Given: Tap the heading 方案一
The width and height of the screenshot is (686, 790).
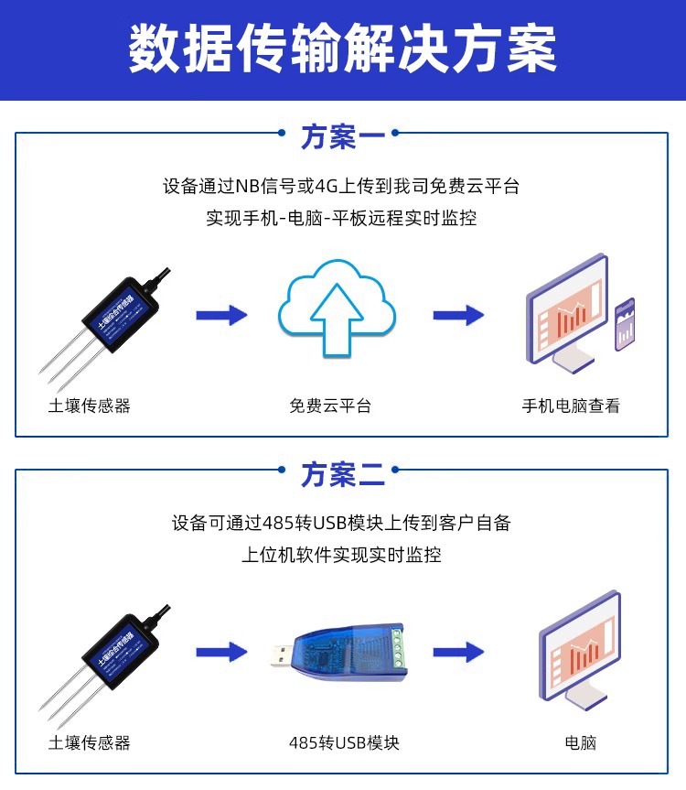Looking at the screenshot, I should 343,137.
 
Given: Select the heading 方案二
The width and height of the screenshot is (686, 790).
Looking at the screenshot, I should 343,474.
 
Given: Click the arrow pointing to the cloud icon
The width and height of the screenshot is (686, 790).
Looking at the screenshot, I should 221,316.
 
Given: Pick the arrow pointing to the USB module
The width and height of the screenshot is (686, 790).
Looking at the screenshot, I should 221,653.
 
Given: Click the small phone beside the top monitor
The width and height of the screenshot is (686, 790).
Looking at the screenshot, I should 626,322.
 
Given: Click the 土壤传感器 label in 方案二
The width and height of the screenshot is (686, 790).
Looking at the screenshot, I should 90,742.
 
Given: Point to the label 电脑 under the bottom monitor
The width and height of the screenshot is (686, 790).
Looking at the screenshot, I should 580,742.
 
